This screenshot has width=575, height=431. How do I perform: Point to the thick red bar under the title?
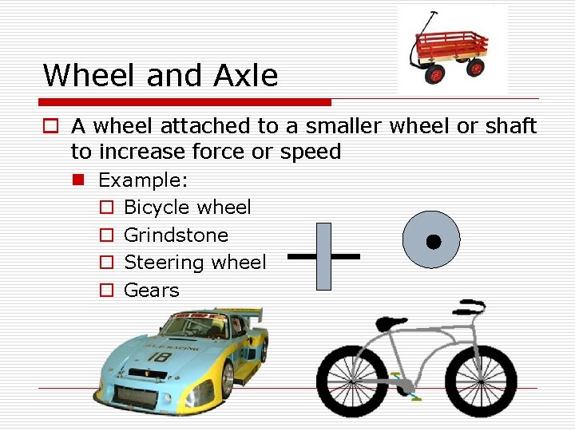tap(186, 102)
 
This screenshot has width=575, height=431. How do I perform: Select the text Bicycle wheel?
tap(188, 208)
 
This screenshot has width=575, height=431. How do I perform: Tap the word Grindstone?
tap(176, 235)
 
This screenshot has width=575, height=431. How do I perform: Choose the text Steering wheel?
tap(196, 263)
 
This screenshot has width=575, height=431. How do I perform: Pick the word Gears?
tap(152, 291)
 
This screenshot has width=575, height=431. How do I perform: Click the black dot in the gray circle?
tap(433, 241)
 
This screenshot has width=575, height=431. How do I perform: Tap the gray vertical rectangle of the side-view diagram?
tap(323, 256)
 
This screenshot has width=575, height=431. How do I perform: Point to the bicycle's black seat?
tap(388, 323)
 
